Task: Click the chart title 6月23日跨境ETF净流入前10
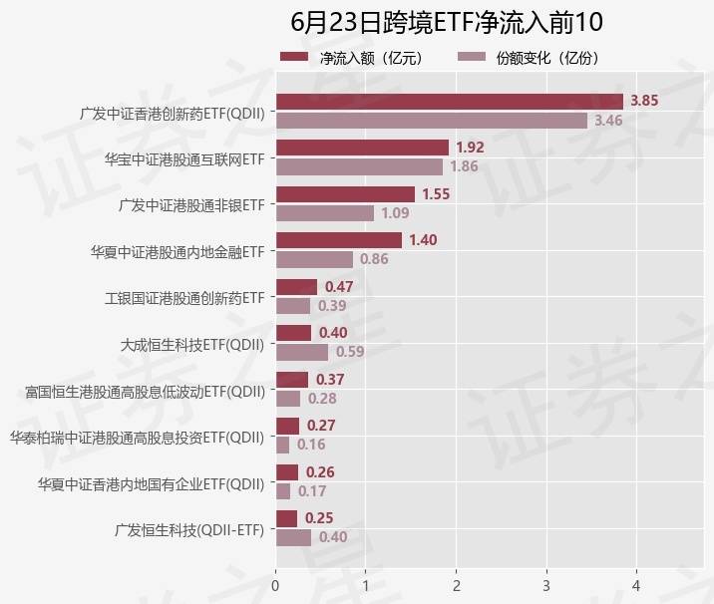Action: (x=448, y=22)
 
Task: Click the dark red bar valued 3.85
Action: (x=449, y=101)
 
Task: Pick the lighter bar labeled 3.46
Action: (x=431, y=121)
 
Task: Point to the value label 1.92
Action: (x=470, y=148)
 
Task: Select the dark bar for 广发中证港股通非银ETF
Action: (x=345, y=194)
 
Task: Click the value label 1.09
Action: (x=396, y=213)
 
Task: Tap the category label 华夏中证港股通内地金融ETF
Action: (x=178, y=251)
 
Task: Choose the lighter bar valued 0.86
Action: (x=314, y=259)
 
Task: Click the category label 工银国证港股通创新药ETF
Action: (x=184, y=298)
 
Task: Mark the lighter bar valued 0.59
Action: (x=302, y=352)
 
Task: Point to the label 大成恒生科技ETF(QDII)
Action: (x=191, y=345)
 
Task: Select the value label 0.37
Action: (x=330, y=379)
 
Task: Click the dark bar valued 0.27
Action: (x=287, y=426)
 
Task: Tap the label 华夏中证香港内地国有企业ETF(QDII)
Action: (x=151, y=483)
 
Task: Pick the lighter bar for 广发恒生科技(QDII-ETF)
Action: (x=293, y=537)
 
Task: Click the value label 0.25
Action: (x=319, y=518)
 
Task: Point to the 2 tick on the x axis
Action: (x=456, y=584)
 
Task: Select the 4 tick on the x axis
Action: (x=636, y=584)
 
